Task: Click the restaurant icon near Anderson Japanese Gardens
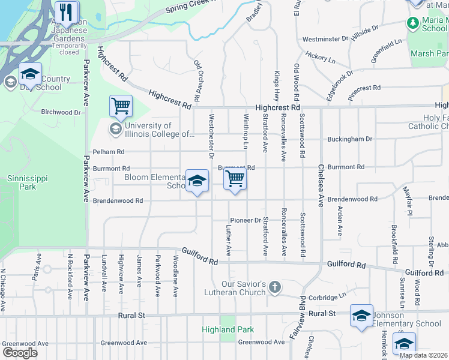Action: click(x=67, y=11)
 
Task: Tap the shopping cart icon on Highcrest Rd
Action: click(x=121, y=106)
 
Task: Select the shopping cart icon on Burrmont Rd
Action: click(x=235, y=178)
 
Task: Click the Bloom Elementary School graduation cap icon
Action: click(x=197, y=181)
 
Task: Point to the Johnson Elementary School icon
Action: click(x=361, y=316)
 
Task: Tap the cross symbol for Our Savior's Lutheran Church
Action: click(x=275, y=287)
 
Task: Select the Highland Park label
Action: click(x=228, y=329)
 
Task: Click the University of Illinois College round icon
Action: click(x=115, y=129)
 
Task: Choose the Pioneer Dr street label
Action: click(x=246, y=220)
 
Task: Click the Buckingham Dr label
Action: click(x=349, y=139)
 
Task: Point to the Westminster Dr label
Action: click(x=326, y=39)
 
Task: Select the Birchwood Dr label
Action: click(x=61, y=112)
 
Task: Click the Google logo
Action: click(x=20, y=352)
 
